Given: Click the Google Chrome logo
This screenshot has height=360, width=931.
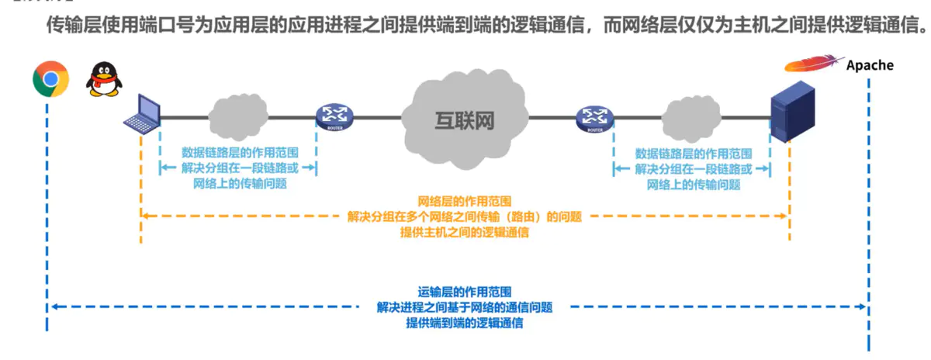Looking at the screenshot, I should [x=50, y=78].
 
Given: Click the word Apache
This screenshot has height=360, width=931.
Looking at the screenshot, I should [x=870, y=65].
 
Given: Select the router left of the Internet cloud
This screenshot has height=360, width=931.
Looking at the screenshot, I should [x=334, y=118].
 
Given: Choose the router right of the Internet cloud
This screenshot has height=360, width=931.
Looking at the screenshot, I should [x=595, y=119].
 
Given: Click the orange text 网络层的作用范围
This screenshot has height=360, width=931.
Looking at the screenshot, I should [x=465, y=201].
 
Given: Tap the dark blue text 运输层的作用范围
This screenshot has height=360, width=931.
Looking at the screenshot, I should [x=465, y=292].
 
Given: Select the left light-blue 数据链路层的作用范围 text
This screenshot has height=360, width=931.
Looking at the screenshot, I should [x=239, y=153].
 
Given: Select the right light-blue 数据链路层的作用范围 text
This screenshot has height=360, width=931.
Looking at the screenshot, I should [x=693, y=153].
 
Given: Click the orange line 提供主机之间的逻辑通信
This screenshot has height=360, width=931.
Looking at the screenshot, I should [x=465, y=232].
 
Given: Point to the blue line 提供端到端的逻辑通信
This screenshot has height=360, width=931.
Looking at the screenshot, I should [x=465, y=323].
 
